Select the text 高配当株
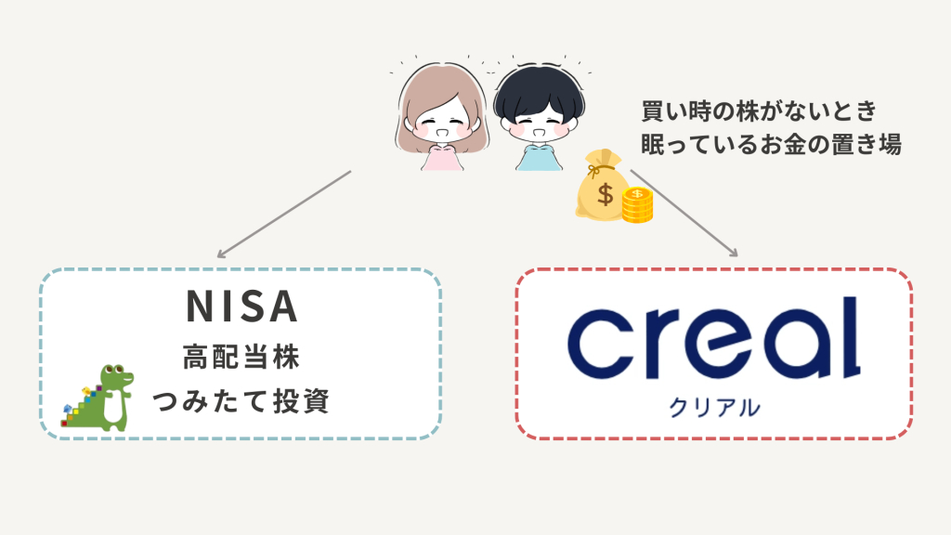(x=240, y=356)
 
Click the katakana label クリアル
(x=713, y=406)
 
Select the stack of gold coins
(x=637, y=205)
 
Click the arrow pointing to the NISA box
(x=282, y=214)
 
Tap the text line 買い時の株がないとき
(x=759, y=111)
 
